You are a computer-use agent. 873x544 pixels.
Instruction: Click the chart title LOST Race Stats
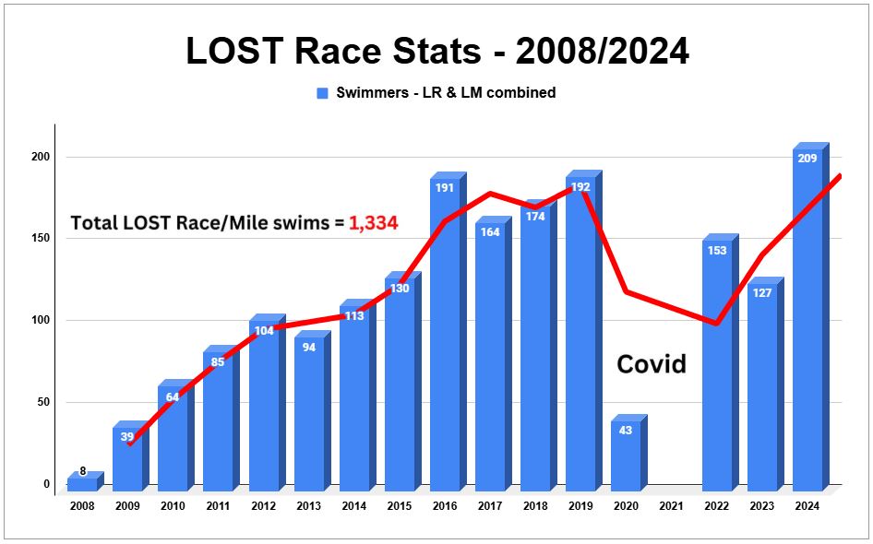(436, 51)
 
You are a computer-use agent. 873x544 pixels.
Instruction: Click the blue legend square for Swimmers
(323, 93)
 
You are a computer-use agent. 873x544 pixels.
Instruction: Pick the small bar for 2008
(82, 482)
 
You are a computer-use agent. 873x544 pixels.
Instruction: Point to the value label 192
(580, 187)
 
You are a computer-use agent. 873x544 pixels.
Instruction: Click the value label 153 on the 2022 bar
(717, 251)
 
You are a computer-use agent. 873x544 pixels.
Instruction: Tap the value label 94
(309, 348)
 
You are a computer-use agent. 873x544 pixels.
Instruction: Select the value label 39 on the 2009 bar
(127, 437)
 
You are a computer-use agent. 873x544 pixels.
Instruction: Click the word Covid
(652, 364)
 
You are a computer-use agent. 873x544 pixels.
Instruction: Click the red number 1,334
(373, 222)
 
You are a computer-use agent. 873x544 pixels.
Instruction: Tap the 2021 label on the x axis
(671, 506)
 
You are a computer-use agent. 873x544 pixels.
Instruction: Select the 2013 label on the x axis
(308, 506)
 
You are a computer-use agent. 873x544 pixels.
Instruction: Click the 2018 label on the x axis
(535, 506)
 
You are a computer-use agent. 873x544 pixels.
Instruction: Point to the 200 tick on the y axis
(41, 158)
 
